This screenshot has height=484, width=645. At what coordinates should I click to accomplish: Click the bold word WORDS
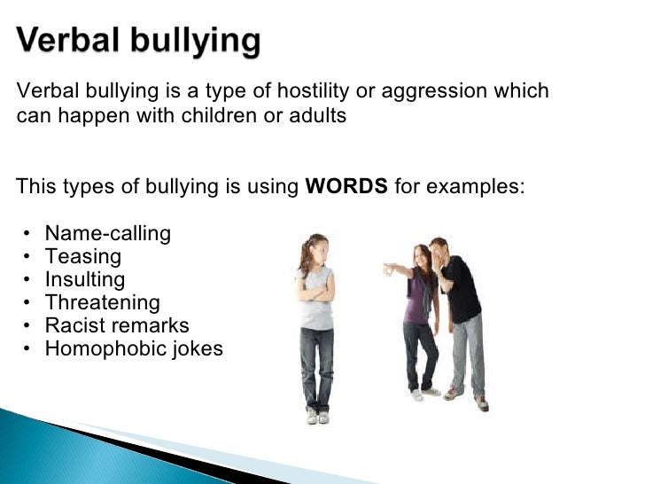point(346,186)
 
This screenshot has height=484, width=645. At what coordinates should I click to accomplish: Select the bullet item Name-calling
point(107,233)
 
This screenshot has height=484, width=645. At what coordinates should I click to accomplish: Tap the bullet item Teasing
point(82,256)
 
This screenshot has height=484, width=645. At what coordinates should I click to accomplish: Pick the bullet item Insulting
point(85,279)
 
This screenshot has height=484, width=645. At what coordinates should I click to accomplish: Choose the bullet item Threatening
point(102,302)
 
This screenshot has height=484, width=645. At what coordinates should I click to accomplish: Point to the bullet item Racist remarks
point(117,325)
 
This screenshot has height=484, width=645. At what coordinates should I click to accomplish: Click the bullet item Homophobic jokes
point(134,348)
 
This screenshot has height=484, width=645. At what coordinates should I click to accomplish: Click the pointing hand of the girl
point(387,266)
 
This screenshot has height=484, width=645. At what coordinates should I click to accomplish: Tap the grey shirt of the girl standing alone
point(316,301)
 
